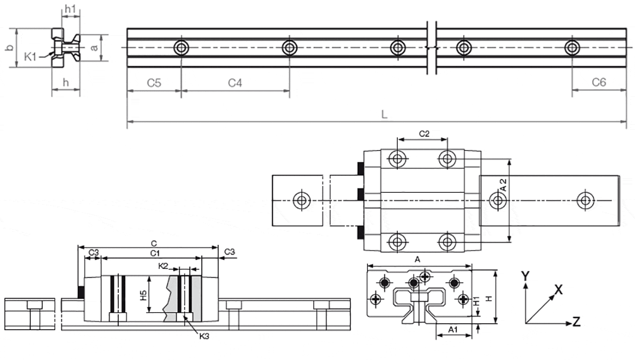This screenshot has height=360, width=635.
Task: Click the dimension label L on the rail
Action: (384, 114)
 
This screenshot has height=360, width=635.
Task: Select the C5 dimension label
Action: (154, 83)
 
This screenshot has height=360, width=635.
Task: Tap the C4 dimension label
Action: (234, 83)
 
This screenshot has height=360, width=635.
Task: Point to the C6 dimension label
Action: (599, 83)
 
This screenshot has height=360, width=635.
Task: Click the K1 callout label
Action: (31, 55)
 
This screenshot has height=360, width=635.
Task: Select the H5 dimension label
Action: (143, 296)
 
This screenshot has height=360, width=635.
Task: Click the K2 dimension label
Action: (163, 266)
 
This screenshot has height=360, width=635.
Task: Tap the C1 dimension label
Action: (154, 253)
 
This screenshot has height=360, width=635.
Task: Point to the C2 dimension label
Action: (424, 133)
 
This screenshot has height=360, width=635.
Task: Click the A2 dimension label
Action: (503, 185)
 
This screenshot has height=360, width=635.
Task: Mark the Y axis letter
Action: (524, 275)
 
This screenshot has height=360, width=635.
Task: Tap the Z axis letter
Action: (576, 322)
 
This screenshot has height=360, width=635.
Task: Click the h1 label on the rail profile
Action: (70, 9)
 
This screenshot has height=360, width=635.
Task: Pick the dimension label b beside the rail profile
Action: (9, 48)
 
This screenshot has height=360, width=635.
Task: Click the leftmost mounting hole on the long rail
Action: (181, 48)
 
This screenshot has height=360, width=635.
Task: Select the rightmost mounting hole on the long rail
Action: (571, 48)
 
